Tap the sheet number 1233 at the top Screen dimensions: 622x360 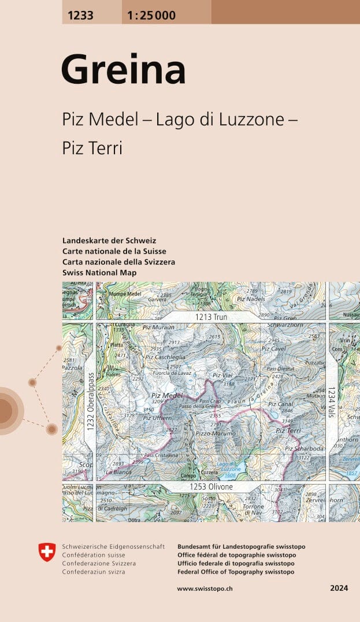click(x=80, y=16)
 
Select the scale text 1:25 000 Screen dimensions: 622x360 click(x=149, y=16)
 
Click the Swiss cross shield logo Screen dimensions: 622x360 click(x=47, y=552)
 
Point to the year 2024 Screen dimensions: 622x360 click(x=339, y=589)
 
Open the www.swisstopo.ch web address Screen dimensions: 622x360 click(x=205, y=589)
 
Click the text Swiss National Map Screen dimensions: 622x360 click(x=99, y=273)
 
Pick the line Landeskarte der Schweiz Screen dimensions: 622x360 click(x=109, y=240)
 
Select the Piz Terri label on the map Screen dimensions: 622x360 click(x=288, y=430)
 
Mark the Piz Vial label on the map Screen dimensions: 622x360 click(x=222, y=375)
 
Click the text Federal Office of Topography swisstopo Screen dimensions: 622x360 click(x=236, y=572)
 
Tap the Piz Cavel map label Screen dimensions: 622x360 click(x=273, y=349)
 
